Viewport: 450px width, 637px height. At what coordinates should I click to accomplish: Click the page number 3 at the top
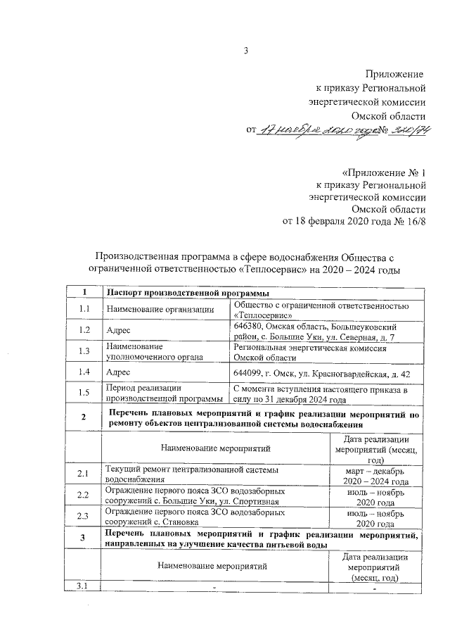246,50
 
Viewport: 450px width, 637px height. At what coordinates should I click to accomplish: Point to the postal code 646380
250,327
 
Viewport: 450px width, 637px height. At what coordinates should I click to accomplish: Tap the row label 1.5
85,393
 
